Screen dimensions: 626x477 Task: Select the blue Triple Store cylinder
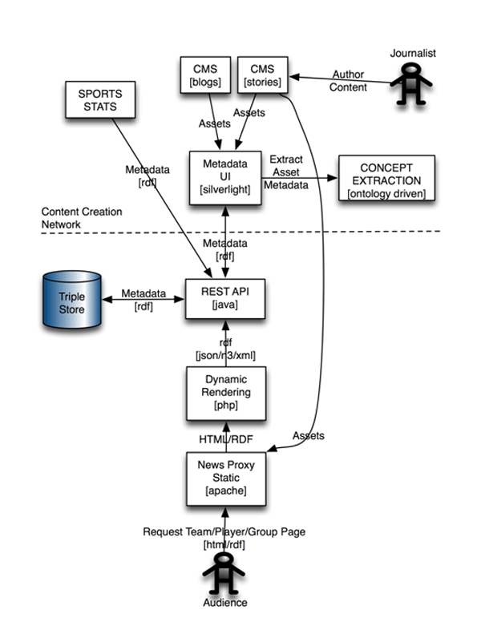(73, 299)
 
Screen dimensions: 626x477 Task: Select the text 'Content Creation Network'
(82, 219)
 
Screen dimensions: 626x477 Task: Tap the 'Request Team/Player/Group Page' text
(224, 531)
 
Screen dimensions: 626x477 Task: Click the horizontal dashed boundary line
(321, 232)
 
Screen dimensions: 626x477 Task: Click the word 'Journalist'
(412, 53)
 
